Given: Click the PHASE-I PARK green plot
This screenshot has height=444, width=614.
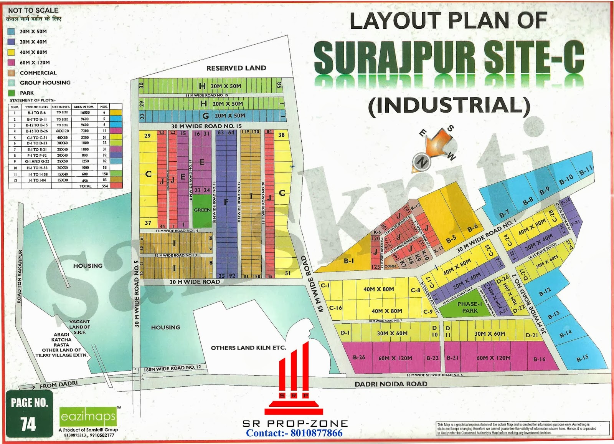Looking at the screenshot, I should (469, 307).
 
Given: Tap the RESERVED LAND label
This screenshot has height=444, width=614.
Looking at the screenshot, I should (236, 68).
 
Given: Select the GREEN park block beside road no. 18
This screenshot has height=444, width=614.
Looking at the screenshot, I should (202, 210).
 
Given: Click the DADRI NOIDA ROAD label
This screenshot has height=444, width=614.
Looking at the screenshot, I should (391, 384).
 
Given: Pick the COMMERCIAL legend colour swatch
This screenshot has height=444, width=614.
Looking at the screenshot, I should (11, 73).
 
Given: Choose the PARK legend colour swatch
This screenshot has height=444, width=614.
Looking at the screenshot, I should (11, 93).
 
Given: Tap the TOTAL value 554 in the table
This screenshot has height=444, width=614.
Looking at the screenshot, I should (104, 186).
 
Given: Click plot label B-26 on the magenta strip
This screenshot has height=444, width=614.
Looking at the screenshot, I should (359, 358).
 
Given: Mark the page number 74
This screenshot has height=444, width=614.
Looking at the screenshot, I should (28, 424).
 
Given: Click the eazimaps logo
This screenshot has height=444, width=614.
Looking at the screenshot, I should (88, 416).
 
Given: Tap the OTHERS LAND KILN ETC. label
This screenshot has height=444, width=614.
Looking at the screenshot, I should (248, 348).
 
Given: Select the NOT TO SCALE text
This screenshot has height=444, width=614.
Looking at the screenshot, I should (33, 10).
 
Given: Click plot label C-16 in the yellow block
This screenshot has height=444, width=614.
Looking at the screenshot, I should (335, 308).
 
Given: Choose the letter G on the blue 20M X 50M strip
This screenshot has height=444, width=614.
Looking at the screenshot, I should (206, 116).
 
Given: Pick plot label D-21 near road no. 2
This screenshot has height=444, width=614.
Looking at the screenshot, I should (531, 335).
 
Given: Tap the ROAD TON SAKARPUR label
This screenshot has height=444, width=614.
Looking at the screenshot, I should (20, 277).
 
